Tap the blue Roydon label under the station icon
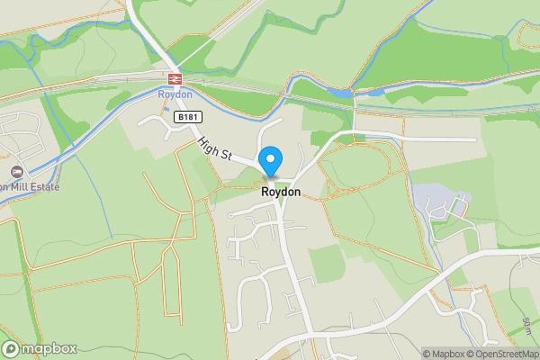(x=175, y=93)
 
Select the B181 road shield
(x=187, y=117)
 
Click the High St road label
(x=216, y=148)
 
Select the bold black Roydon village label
(x=280, y=192)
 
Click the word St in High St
(x=225, y=155)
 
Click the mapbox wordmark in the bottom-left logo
(x=49, y=349)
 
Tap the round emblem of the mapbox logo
(x=11, y=349)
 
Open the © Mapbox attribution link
(x=443, y=354)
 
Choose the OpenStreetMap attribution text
(x=504, y=354)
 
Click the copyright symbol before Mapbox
(x=426, y=354)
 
